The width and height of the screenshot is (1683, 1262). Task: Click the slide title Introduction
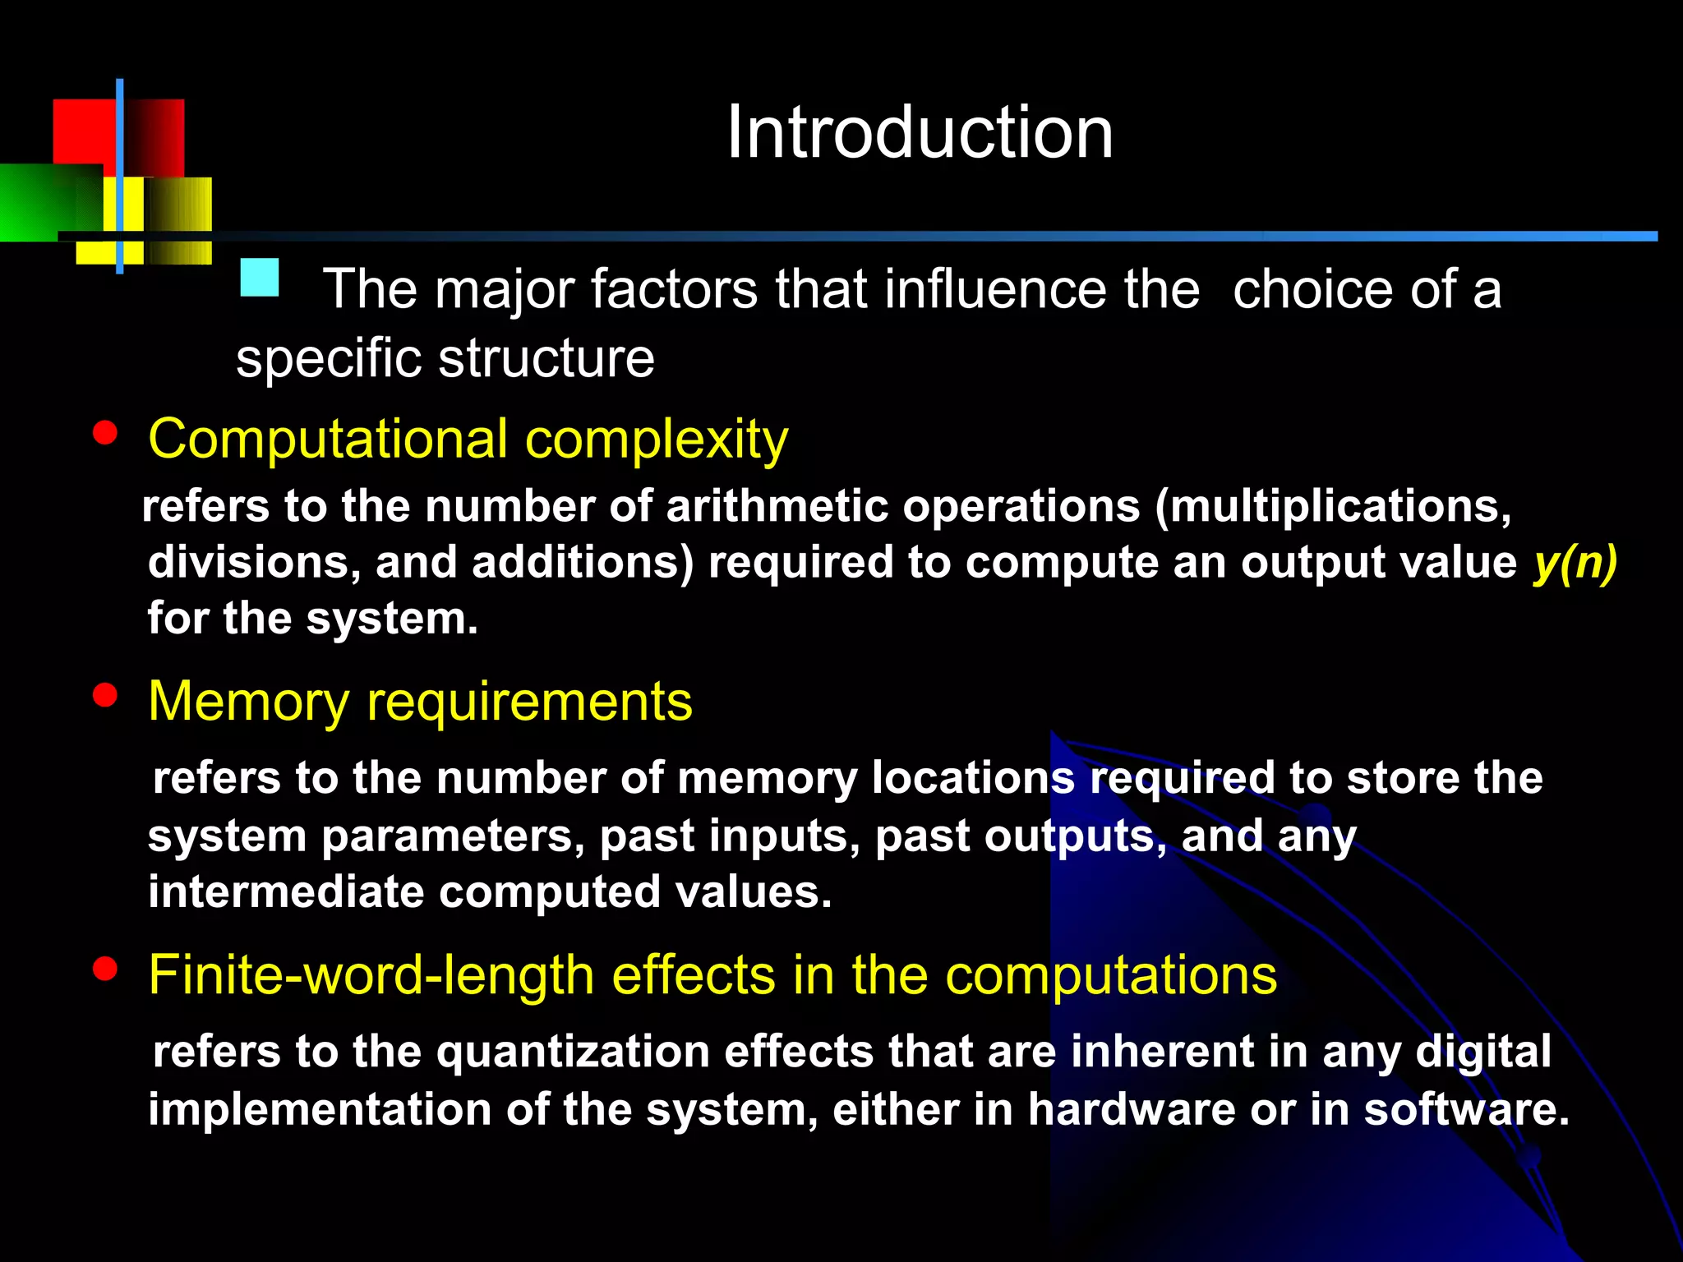click(x=920, y=133)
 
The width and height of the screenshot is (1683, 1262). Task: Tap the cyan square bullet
click(x=260, y=278)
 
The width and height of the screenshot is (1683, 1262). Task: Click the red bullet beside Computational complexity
click(x=105, y=432)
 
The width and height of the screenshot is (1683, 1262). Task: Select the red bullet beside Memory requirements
click(x=105, y=695)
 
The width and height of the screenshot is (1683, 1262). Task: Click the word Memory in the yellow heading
click(x=248, y=703)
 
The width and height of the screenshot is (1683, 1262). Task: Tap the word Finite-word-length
click(x=371, y=976)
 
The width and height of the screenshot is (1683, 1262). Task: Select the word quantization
click(x=572, y=1052)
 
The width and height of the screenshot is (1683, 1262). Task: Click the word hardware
click(x=1132, y=1109)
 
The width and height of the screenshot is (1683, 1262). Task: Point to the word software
click(x=1466, y=1109)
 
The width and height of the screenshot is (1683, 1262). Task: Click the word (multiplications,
click(x=1332, y=506)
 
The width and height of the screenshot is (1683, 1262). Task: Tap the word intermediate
click(x=285, y=892)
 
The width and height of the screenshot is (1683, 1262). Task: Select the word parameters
click(x=453, y=836)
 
